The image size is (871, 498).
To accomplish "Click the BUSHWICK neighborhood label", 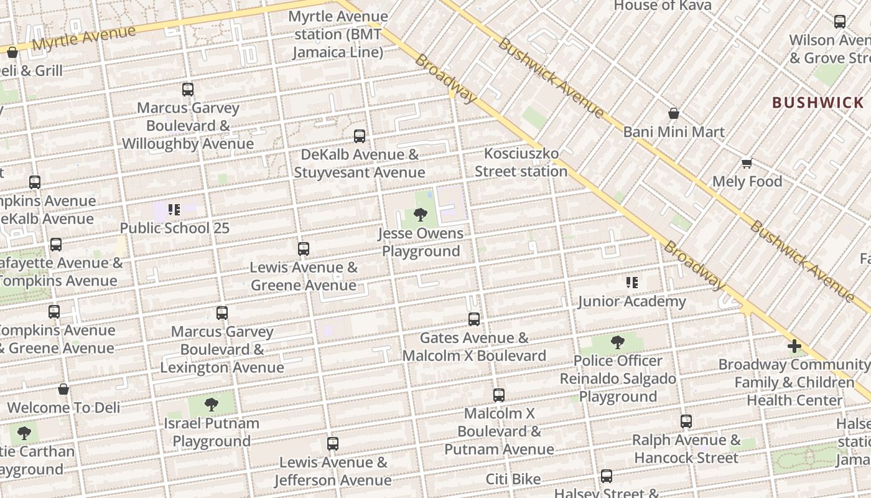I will tap(818, 103).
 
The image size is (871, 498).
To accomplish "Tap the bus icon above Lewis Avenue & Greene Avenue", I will tap(304, 249).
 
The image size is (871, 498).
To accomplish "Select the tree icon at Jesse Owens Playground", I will tap(421, 215).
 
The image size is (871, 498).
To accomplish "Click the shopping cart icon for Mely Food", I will tap(747, 164).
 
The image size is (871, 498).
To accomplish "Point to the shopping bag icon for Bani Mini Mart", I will tap(673, 114).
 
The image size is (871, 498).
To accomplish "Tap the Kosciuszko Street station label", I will tap(521, 162).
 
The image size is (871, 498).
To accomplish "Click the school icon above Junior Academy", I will tap(632, 283).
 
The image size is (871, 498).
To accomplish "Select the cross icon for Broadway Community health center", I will tap(794, 346).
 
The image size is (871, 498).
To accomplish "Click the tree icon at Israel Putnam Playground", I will tap(212, 405).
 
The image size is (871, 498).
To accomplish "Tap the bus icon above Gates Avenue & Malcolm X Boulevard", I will tap(474, 319).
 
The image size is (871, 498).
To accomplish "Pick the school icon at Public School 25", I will tap(174, 210).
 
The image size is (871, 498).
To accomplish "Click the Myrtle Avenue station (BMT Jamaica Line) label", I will tap(338, 34).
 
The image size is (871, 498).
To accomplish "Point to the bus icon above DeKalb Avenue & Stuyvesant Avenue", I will tap(360, 136).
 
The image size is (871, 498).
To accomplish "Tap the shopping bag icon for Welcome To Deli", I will tap(63, 390).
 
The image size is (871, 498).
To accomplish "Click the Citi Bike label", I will tap(513, 479).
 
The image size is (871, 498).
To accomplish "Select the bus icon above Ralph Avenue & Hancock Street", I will tap(686, 421).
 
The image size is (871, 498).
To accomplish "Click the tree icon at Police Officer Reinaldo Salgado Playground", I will tap(617, 342).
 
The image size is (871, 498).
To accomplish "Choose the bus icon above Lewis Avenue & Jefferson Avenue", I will tap(333, 444).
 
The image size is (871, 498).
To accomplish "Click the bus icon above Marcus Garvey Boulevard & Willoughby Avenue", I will tap(188, 89).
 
